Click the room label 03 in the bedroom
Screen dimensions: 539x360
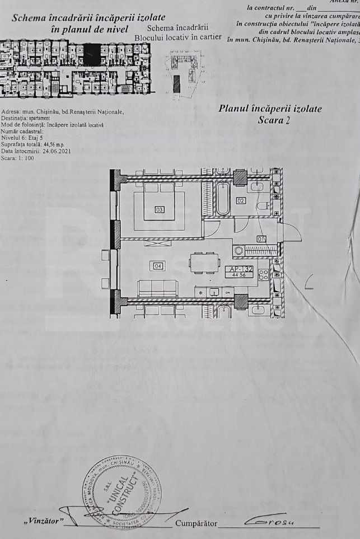point(160,210)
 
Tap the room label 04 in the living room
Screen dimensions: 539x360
point(158,266)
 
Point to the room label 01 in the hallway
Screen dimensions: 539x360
point(261,239)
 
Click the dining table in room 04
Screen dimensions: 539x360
point(204,263)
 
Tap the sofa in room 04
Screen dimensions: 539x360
point(157,288)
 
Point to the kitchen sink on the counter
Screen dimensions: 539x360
point(214,292)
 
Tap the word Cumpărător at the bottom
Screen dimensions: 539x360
point(196,523)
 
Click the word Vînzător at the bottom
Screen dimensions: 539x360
point(44,522)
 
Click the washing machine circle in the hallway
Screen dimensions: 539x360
point(239,251)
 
